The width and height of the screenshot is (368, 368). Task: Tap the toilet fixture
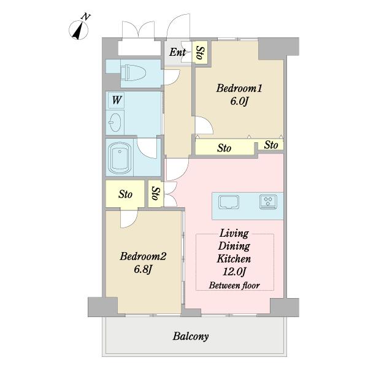[133, 72]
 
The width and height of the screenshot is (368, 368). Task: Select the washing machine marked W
[115, 101]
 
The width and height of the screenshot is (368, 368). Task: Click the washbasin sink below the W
[115, 123]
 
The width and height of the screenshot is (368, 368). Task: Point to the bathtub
[120, 157]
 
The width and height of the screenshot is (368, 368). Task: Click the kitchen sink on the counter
[229, 202]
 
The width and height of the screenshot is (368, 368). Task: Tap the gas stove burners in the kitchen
[268, 202]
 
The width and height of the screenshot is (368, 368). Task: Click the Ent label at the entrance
[177, 52]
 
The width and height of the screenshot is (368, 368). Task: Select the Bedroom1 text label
[239, 88]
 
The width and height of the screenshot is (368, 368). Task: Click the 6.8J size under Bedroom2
[143, 269]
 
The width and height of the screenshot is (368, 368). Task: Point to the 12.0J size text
[234, 272]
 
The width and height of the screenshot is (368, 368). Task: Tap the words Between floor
[234, 285]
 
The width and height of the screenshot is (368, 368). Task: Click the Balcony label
[191, 336]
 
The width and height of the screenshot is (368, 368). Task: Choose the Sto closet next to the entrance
[200, 53]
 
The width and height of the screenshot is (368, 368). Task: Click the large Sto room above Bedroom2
[125, 194]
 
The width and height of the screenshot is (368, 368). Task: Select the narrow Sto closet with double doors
[155, 193]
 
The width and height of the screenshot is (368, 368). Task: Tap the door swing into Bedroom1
[204, 126]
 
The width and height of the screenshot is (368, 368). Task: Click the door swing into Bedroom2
[129, 219]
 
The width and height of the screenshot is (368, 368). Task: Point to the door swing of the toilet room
[172, 77]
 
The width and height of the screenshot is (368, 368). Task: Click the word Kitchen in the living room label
[234, 259]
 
